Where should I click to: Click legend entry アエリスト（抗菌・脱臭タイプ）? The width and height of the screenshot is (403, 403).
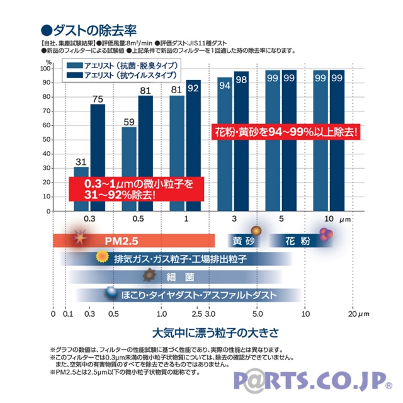click(x=123, y=65)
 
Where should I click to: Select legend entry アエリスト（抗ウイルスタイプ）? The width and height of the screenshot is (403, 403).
click(x=123, y=76)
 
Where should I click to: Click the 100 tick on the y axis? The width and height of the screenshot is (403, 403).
click(x=47, y=69)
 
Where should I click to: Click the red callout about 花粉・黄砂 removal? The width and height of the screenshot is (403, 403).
click(x=287, y=133)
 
